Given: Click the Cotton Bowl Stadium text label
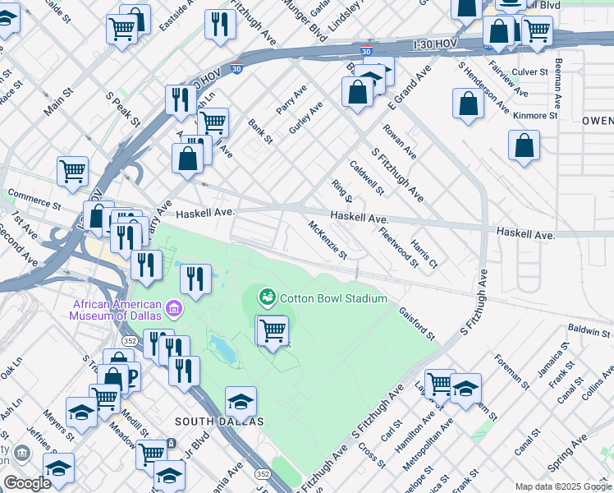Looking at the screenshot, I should point(333,297).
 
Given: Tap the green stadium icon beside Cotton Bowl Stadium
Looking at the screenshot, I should point(268,297).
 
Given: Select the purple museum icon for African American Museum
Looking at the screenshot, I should point(174,309).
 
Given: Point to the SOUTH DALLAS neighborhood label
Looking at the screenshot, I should point(219,421).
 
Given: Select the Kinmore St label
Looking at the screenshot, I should point(535,116).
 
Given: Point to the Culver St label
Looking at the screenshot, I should point(529,72).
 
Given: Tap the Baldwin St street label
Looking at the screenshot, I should point(589,332).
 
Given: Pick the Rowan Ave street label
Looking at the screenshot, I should point(400,142).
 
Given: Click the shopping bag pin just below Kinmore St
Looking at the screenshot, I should point(524,147).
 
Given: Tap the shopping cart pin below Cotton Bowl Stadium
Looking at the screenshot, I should point(273,331).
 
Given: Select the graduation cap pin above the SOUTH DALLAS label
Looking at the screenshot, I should point(241,401).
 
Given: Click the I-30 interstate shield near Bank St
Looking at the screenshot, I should point(236,69).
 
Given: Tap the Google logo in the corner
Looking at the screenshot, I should point(27,483).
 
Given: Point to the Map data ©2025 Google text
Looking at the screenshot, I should point(562,486).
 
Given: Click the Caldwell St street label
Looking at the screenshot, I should point(367,177).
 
